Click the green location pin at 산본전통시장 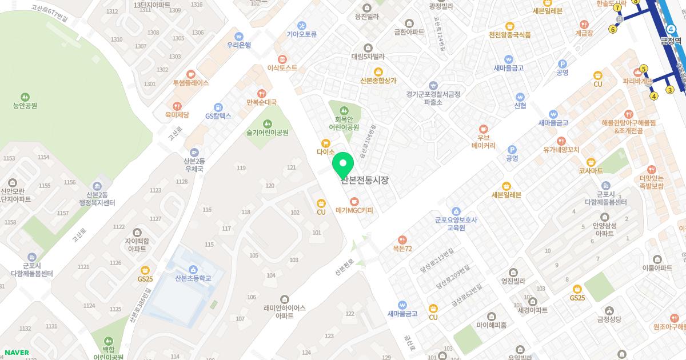(x=343, y=164)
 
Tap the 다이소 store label (x=325, y=152)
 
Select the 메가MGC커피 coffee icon (x=354, y=201)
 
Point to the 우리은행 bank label (x=239, y=45)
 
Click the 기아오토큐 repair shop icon (x=302, y=25)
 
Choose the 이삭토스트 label (x=282, y=67)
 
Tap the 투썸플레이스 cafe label (x=191, y=82)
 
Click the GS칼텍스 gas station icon (x=218, y=107)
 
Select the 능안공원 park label (x=25, y=105)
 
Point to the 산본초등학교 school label (x=193, y=278)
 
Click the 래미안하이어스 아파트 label (x=285, y=311)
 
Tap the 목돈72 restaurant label (x=402, y=249)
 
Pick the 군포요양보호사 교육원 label (x=456, y=223)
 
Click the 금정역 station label (x=671, y=41)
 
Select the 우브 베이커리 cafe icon (x=484, y=129)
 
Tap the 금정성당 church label (x=608, y=319)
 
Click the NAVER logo (x=18, y=352)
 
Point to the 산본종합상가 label (x=378, y=81)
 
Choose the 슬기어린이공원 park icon (x=268, y=124)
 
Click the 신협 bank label (x=520, y=105)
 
